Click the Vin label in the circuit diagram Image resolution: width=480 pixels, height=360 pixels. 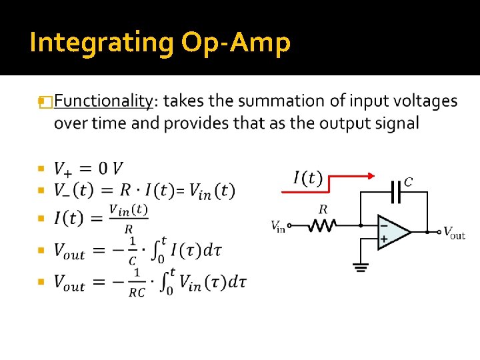tap(278, 227)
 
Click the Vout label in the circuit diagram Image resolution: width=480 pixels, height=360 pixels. tap(454, 233)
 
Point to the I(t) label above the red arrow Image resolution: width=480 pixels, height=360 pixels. tap(307, 178)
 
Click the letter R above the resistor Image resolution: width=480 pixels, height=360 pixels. tap(323, 209)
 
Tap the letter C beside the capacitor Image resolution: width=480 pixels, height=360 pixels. tap(408, 181)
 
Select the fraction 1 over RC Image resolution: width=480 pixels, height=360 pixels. tap(137, 282)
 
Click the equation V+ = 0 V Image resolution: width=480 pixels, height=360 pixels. tap(88, 169)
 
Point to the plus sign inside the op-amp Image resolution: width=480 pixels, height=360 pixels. tap(384, 239)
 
